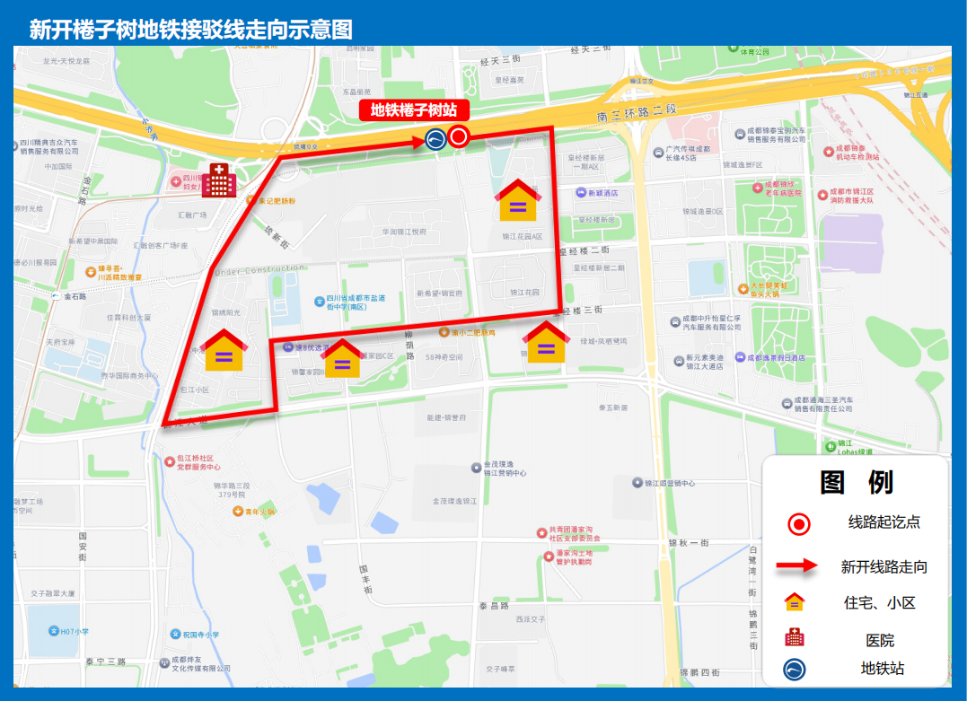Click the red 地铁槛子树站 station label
tap(414, 110)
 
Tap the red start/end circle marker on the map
tap(459, 136)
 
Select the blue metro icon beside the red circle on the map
tap(435, 138)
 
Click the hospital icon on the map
tap(218, 180)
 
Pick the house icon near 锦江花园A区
tap(518, 200)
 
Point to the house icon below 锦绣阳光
tap(224, 350)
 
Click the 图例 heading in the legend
tap(856, 482)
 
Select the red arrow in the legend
tap(797, 565)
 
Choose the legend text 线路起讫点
tap(883, 522)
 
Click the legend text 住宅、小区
tap(879, 603)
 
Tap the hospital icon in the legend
tap(795, 637)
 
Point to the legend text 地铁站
tap(882, 669)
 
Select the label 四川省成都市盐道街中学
tap(356, 302)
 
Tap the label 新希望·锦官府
tap(439, 294)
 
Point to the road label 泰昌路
tap(494, 607)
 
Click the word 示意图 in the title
tap(320, 30)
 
